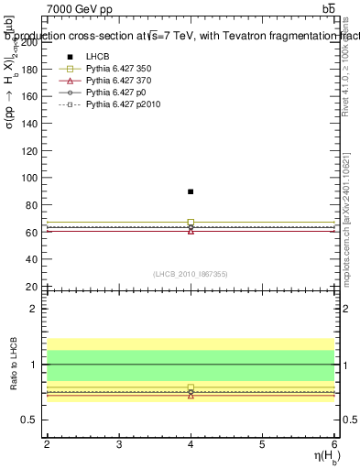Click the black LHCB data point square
[191, 191]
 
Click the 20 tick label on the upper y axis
[31, 287]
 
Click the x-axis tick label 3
[119, 444]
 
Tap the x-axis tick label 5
[262, 444]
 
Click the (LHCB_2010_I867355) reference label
[191, 274]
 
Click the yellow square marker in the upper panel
[191, 222]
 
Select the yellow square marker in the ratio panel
[191, 387]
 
